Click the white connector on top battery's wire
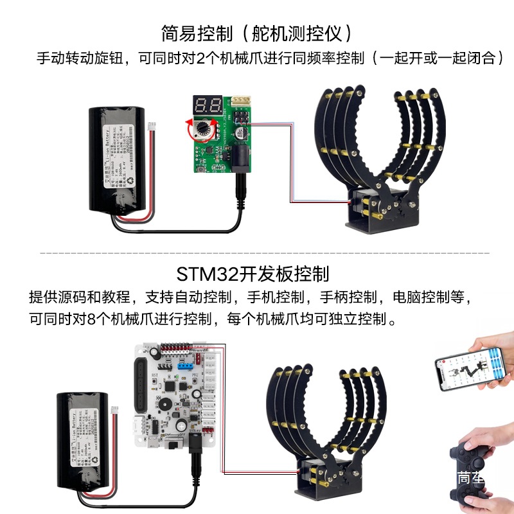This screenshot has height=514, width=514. (x=152, y=125)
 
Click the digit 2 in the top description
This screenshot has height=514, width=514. (x=199, y=58)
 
